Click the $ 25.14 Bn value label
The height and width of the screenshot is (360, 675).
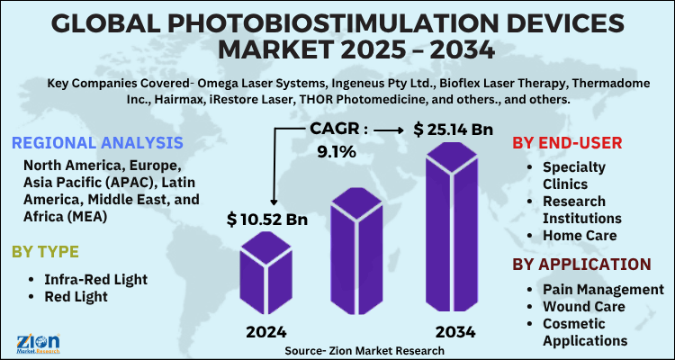[x=457, y=130]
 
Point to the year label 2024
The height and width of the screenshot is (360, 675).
[x=265, y=332]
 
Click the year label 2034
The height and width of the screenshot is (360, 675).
[x=454, y=332]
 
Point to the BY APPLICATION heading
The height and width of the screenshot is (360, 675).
[x=581, y=264]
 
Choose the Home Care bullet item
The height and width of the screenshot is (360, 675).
[x=579, y=235]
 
